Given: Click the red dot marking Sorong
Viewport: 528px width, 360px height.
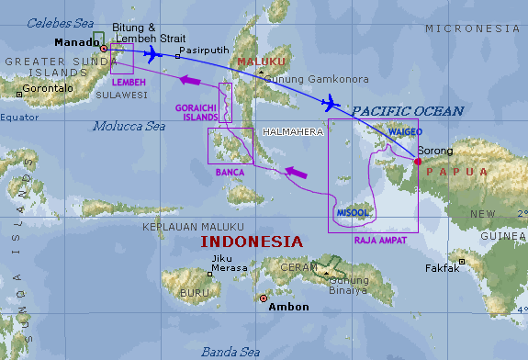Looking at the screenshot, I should click(418, 162).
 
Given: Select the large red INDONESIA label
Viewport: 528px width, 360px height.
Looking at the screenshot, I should click(252, 242).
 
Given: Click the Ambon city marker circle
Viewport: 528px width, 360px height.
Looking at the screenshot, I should click(264, 298).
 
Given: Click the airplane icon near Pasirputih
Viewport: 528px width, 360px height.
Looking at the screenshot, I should click(152, 53).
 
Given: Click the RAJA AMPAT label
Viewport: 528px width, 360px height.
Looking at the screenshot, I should click(380, 240).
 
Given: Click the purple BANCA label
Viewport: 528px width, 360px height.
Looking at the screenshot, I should click(230, 172).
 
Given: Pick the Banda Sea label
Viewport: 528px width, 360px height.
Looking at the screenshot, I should click(231, 351).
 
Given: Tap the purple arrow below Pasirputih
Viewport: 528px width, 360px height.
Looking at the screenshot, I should click(190, 82).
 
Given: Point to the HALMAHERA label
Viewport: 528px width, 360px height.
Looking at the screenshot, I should click(293, 132).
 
